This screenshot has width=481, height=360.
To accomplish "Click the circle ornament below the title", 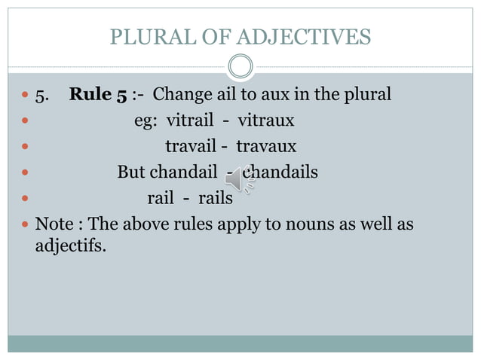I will [240, 66].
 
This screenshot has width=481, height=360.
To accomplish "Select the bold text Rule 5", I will [98, 95].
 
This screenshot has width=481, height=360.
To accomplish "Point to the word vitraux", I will [266, 121].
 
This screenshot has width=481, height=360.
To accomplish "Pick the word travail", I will [190, 146].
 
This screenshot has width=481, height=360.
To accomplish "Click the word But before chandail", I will [131, 172].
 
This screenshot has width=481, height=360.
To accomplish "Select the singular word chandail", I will [182, 172].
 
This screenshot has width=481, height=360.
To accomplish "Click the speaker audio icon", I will [240, 178].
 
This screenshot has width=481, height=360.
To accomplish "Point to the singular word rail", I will [160, 198].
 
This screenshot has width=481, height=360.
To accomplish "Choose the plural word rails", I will [216, 198].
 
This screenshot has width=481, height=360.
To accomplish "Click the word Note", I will [54, 224].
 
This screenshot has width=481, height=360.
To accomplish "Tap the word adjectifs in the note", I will [69, 246].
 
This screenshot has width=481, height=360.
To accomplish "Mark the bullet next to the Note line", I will [25, 224].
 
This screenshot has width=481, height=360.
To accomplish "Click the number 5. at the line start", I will [42, 95].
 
